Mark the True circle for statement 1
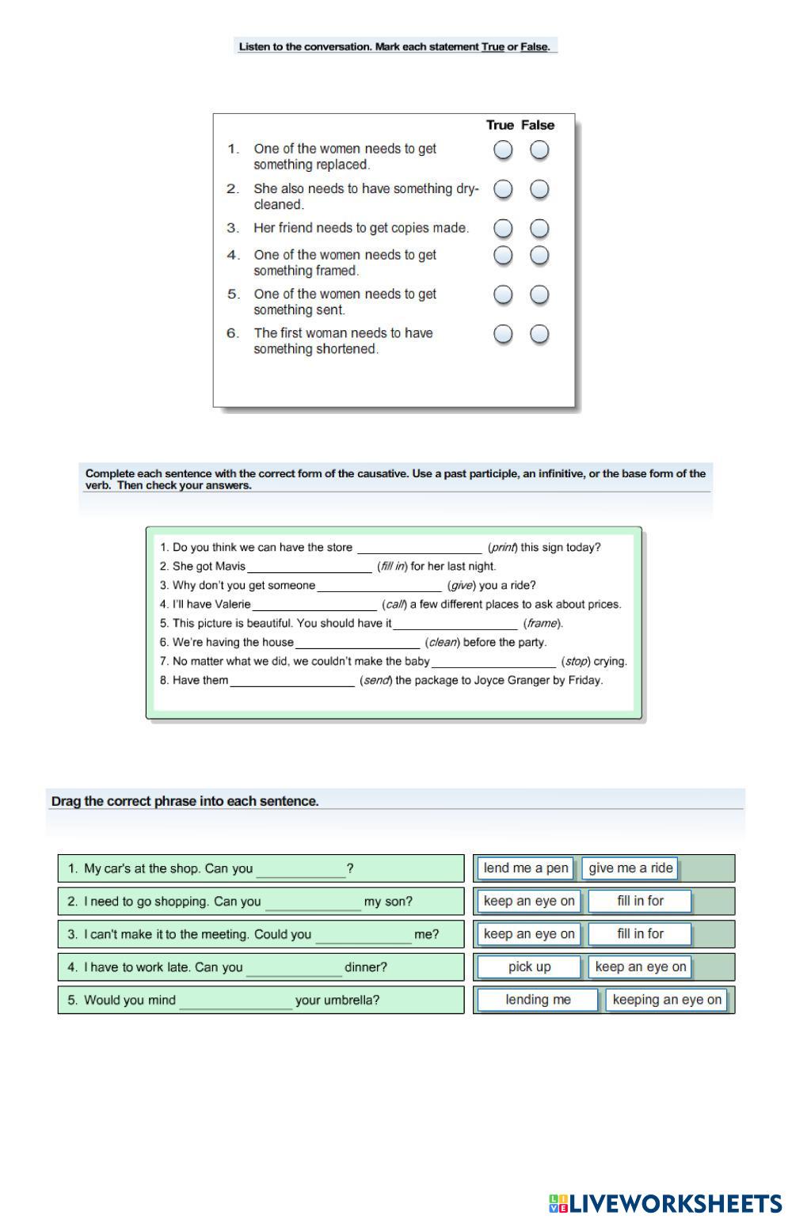click(503, 150)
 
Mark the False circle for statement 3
click(539, 229)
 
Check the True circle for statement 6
click(503, 334)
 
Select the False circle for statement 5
click(539, 294)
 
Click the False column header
click(538, 125)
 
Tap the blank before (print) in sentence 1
click(419, 548)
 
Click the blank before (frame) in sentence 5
click(455, 624)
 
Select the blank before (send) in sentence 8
click(292, 681)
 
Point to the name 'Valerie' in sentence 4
click(233, 605)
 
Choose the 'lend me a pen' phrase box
click(526, 868)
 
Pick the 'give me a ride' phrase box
click(630, 868)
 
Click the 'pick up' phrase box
click(530, 967)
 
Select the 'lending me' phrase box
click(538, 1000)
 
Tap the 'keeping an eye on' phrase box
click(667, 1000)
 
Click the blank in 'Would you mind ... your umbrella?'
click(235, 1001)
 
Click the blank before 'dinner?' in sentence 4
click(294, 968)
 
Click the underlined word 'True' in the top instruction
click(493, 47)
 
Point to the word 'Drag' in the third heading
click(66, 801)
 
